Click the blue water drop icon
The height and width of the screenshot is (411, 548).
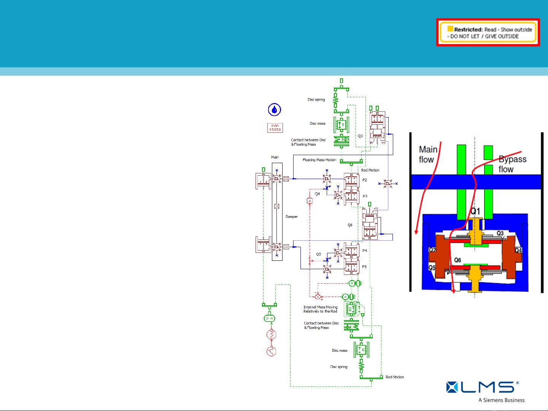pos(275,110)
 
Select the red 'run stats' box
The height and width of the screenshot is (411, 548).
pos(275,127)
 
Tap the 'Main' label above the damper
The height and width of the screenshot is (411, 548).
pos(275,157)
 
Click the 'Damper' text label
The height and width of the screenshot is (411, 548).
pos(292,217)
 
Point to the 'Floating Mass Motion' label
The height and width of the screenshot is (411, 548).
pos(319,160)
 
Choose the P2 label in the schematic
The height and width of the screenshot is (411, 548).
pos(364,180)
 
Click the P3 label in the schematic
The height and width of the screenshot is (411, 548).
pos(365,196)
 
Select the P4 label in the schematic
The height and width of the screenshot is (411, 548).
pos(364,251)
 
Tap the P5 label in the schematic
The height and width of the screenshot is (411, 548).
pos(364,267)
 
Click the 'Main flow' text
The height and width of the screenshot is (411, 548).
pos(428,154)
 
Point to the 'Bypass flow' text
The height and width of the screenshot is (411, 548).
pos(512,164)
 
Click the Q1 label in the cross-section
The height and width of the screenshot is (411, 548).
pos(475,211)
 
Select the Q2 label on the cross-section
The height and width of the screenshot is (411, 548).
pos(432,250)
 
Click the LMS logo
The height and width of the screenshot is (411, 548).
pos(483,387)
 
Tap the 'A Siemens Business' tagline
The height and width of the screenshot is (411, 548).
pos(502,400)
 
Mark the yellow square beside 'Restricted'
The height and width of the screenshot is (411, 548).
pos(450,29)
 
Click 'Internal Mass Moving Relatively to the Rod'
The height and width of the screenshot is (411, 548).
pos(320,309)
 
